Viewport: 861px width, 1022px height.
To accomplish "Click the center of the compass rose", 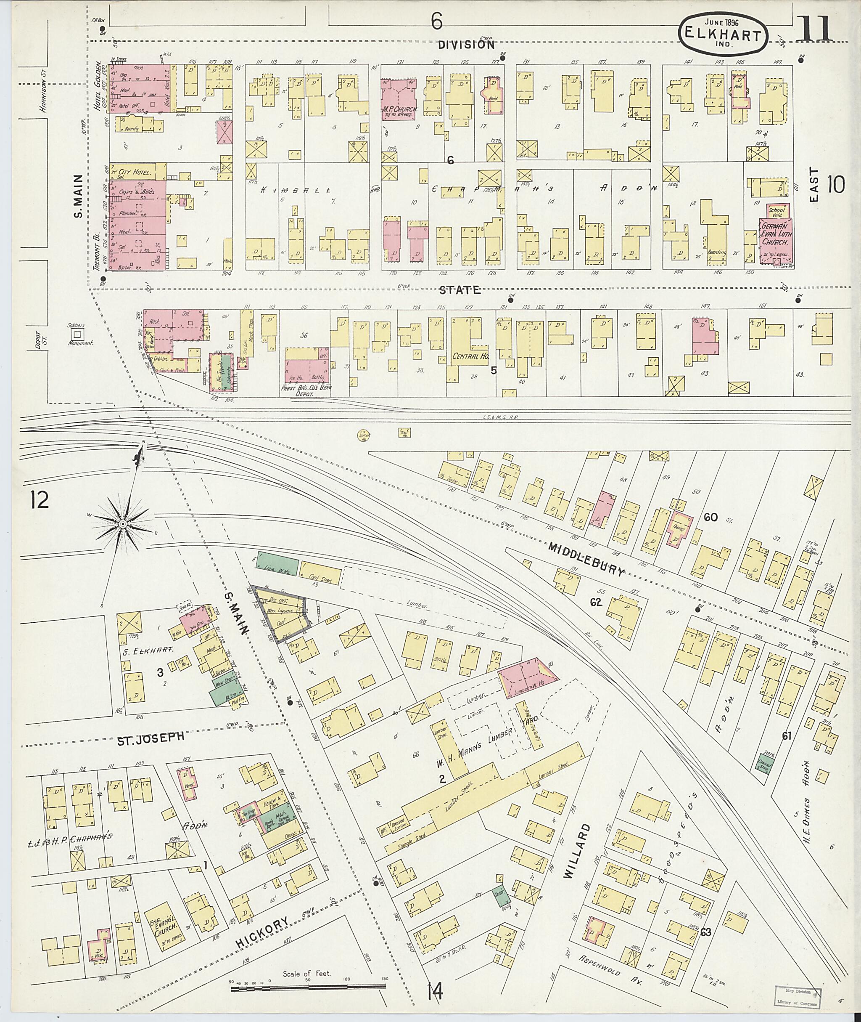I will point(122,524).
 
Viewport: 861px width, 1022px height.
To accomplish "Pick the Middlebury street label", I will point(586,559).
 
